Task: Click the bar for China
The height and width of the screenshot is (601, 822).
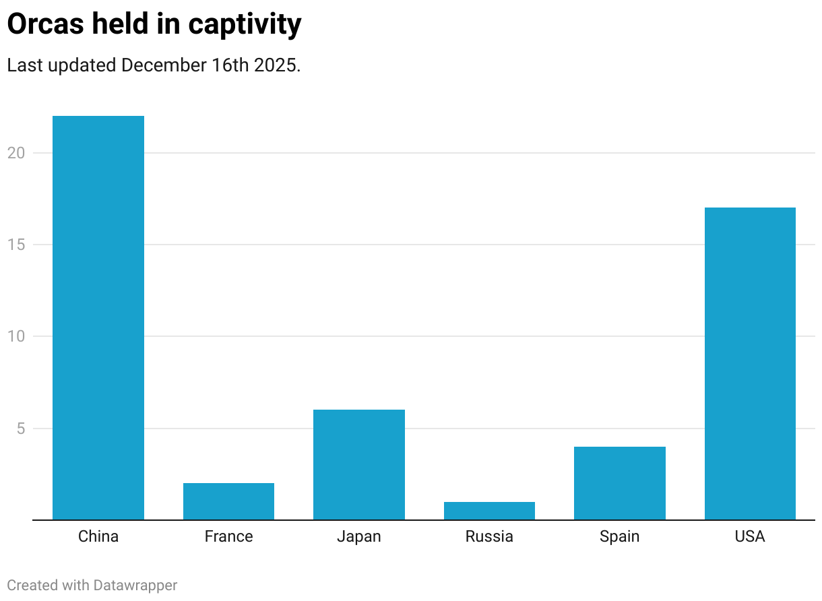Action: click(98, 317)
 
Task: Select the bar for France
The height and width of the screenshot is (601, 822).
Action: click(228, 501)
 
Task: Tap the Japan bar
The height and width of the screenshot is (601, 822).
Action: click(358, 464)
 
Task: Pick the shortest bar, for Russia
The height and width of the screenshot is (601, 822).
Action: click(489, 511)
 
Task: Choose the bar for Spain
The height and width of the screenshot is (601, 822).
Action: click(619, 483)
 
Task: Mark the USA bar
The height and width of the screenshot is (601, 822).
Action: click(750, 363)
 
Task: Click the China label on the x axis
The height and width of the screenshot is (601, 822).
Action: click(98, 536)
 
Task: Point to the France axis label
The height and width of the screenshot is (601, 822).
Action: click(228, 536)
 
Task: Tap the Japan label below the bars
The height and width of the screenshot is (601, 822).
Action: click(358, 536)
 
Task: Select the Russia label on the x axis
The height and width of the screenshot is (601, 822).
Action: click(489, 536)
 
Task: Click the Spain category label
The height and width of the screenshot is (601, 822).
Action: click(619, 536)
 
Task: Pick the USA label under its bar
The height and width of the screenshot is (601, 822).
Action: click(750, 536)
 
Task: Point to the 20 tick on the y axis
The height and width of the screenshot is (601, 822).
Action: click(16, 153)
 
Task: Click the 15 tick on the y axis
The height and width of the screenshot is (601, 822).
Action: click(16, 245)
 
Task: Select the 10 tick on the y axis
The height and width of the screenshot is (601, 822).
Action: click(16, 336)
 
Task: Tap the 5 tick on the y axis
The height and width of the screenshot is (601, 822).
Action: click(20, 429)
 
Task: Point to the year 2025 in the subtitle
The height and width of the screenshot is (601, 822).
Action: click(275, 65)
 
